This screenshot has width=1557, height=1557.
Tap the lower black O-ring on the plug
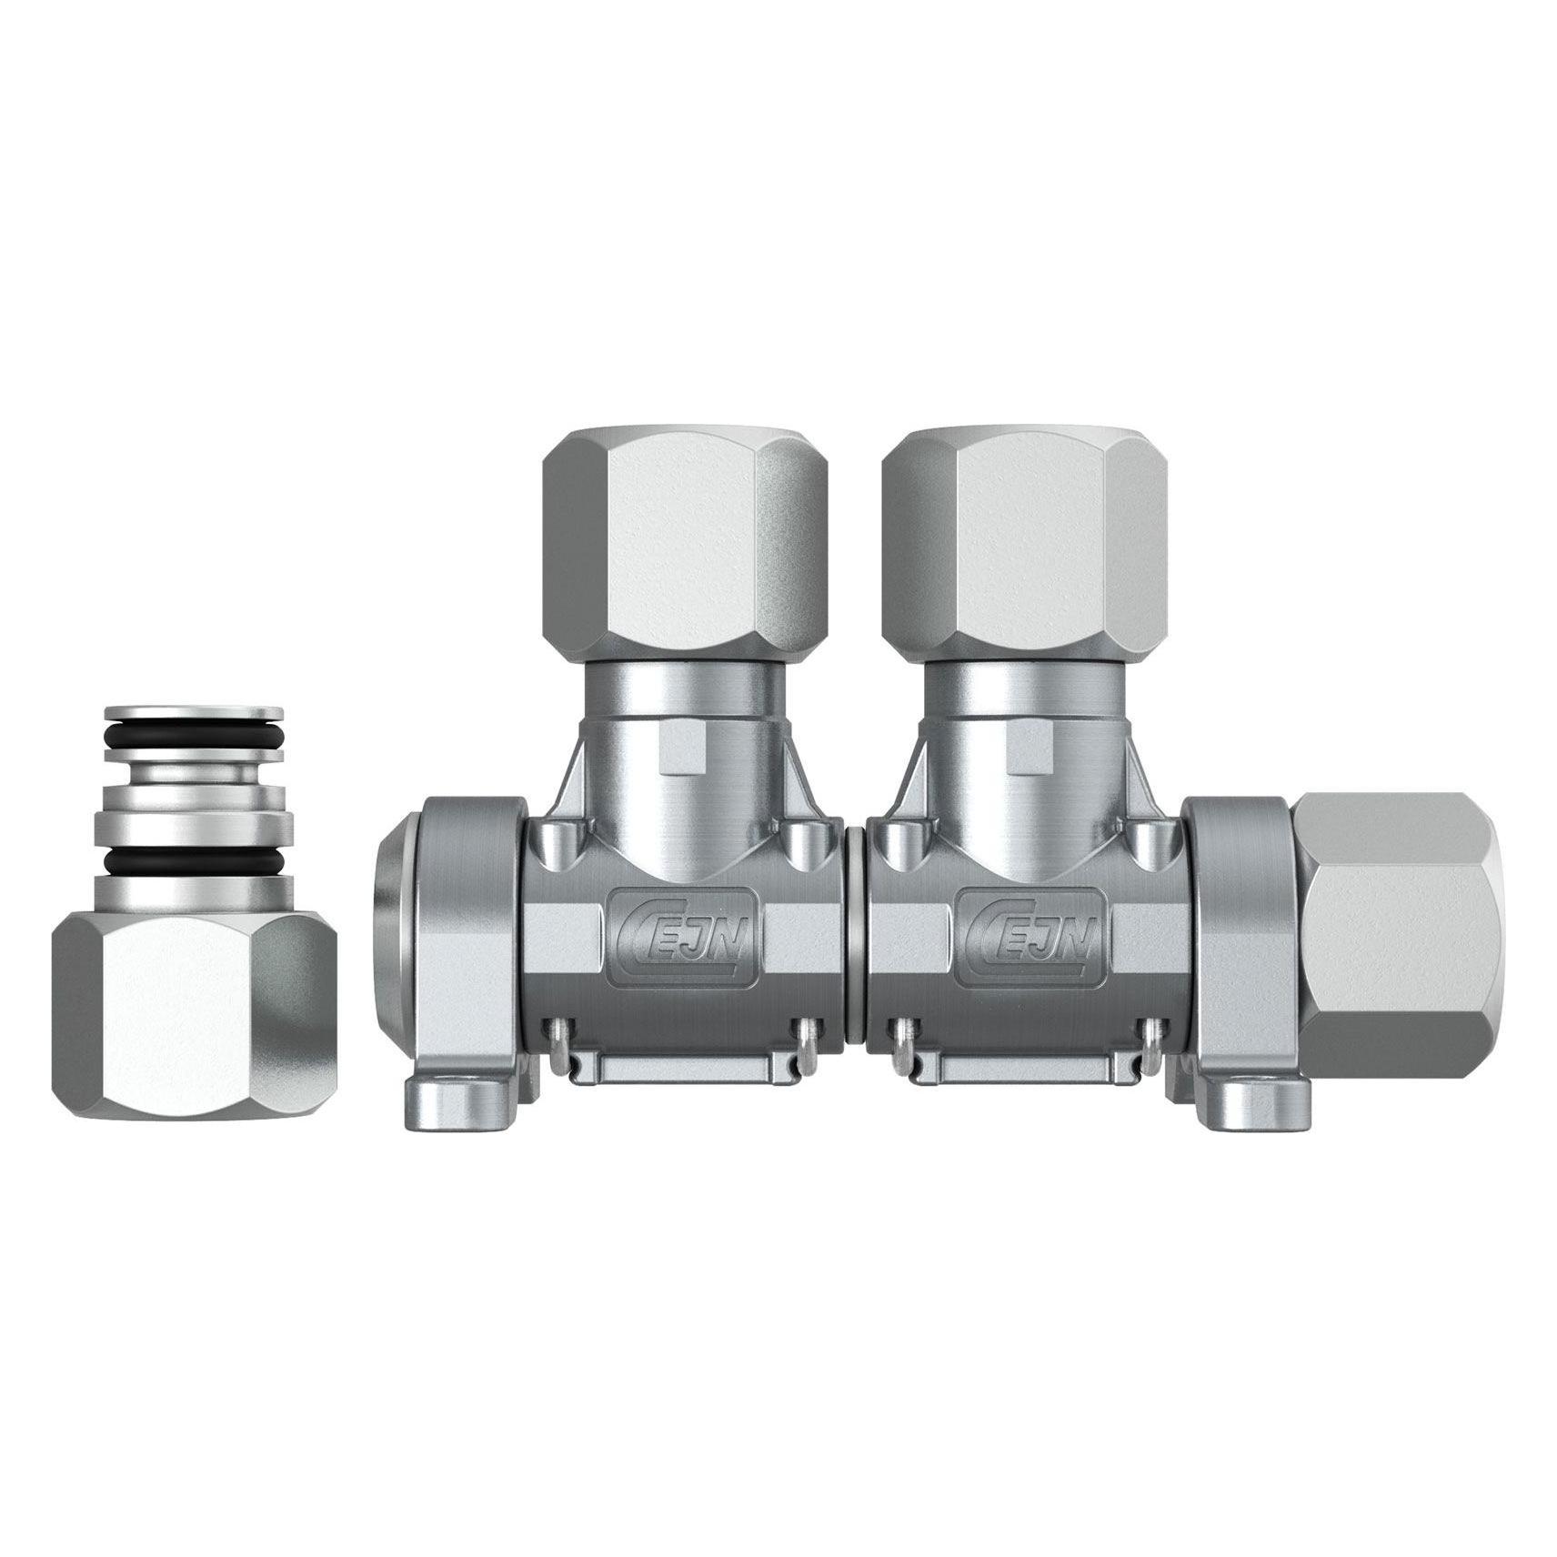pyautogui.click(x=194, y=859)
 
